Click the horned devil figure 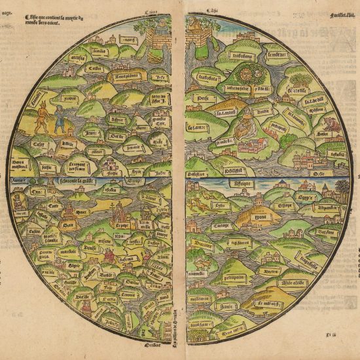click(43, 114)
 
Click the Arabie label click(245, 111)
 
